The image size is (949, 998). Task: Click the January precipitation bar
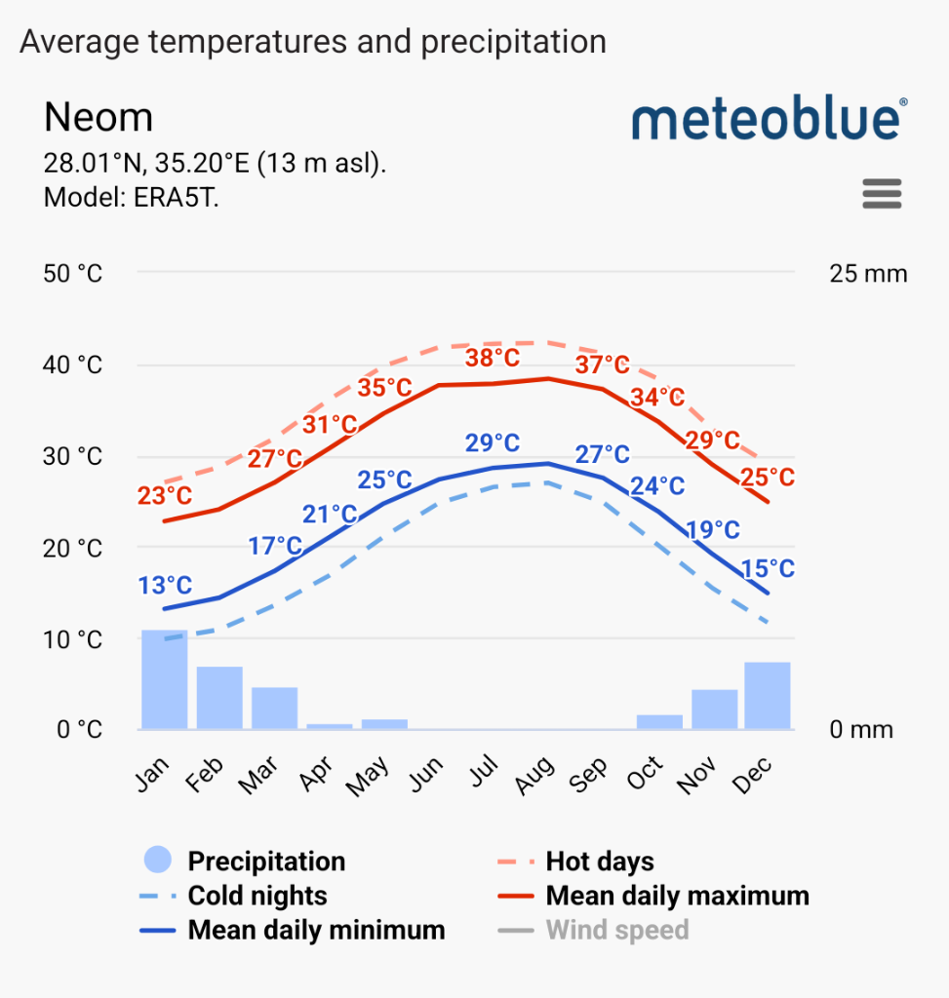164,679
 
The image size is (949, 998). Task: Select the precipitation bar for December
767,695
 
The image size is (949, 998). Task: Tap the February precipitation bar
219,698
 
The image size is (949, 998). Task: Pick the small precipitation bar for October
659,721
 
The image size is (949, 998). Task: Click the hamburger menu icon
882,194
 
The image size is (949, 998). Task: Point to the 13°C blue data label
165,586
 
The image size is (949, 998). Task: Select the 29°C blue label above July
493,443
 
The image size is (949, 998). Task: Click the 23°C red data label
165,495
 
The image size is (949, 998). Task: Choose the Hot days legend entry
599,862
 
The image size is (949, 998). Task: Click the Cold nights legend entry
257,896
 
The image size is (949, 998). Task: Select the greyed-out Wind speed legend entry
616,930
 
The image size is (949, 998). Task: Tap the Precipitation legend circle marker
157,861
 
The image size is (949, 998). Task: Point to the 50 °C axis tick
73,274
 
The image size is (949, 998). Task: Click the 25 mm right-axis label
868,274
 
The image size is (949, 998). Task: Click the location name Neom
99,118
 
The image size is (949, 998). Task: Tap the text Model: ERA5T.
131,197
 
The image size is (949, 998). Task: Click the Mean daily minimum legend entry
315,930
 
